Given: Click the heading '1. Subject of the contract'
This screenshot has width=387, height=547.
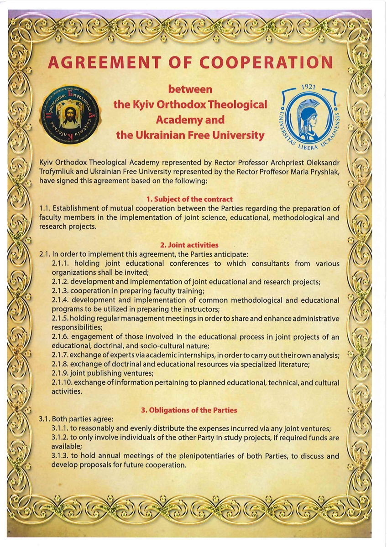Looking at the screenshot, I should pyautogui.click(x=189, y=199).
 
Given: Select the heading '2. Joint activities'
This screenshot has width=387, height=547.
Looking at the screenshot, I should pyautogui.click(x=189, y=245).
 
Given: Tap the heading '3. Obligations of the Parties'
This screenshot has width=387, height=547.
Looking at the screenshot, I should pyautogui.click(x=189, y=410).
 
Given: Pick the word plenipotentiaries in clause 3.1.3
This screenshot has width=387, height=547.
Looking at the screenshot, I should pyautogui.click(x=199, y=456).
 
